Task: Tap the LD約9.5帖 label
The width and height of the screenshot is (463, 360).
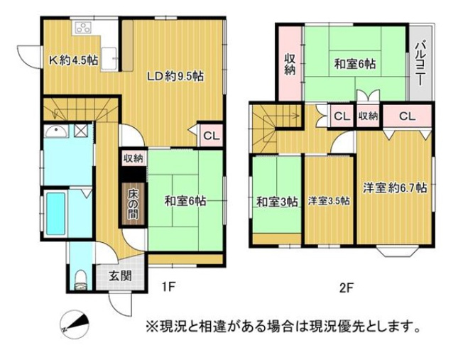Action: click(175, 76)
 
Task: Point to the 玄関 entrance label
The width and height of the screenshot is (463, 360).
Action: click(119, 277)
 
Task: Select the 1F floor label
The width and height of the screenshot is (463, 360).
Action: click(168, 288)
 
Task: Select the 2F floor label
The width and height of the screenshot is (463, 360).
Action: click(345, 288)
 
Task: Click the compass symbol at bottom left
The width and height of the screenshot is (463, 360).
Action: click(75, 323)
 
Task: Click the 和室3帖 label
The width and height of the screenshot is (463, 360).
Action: click(277, 201)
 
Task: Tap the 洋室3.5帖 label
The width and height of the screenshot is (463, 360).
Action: click(329, 201)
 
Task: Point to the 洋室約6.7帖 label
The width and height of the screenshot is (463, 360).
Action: click(396, 188)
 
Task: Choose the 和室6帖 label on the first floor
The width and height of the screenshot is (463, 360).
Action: click(185, 201)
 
